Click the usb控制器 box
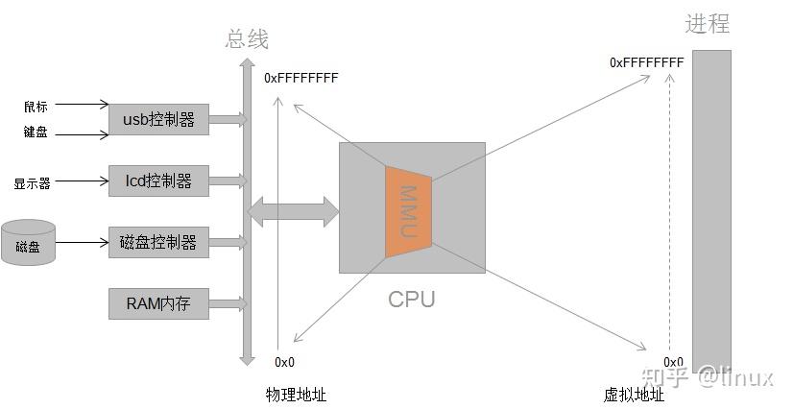[158, 120]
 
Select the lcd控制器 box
[158, 180]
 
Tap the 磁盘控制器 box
[158, 242]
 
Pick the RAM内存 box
[158, 304]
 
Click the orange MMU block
[409, 210]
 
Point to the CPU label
[411, 299]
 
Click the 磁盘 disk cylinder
[28, 245]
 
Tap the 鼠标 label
[36, 106]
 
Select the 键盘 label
[36, 132]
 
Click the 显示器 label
[32, 182]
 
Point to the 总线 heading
[247, 39]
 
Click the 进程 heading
[708, 25]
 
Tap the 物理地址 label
[296, 394]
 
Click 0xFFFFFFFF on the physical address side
[301, 78]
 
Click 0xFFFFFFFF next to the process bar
[646, 62]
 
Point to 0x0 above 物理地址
[284, 362]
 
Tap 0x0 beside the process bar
[673, 362]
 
